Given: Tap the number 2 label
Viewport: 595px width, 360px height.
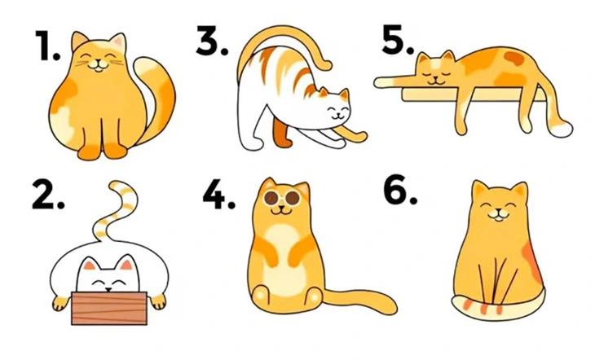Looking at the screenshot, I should [48, 195].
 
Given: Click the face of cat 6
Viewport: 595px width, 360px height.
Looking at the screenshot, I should [499, 204].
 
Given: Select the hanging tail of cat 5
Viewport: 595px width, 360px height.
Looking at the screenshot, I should [558, 114].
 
